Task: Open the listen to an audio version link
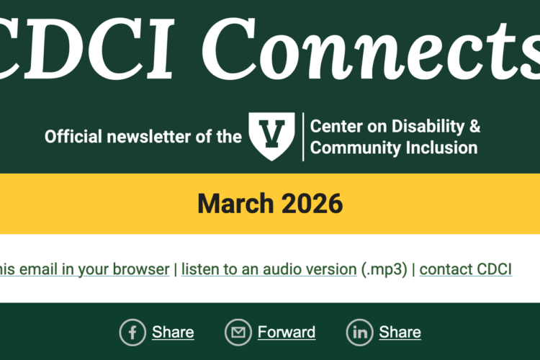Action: click(x=269, y=269)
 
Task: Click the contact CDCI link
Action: click(x=465, y=269)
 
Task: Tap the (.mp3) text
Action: click(x=385, y=269)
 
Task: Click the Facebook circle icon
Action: click(x=132, y=332)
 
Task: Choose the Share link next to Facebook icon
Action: click(x=173, y=332)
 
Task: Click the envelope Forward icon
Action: click(x=238, y=332)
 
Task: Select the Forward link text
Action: click(x=287, y=332)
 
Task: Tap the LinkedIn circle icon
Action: click(x=359, y=332)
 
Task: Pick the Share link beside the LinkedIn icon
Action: click(x=400, y=332)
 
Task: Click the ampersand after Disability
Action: click(x=474, y=127)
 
